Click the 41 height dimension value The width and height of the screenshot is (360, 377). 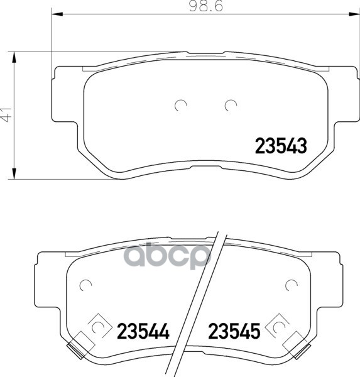coord(6,115)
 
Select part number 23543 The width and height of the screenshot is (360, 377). coord(280,146)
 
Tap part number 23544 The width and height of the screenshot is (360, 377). coord(144,330)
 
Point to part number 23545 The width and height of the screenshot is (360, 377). coord(234,330)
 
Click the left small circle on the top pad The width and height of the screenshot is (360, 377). coord(181,106)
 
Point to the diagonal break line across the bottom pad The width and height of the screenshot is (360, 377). coord(201,302)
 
